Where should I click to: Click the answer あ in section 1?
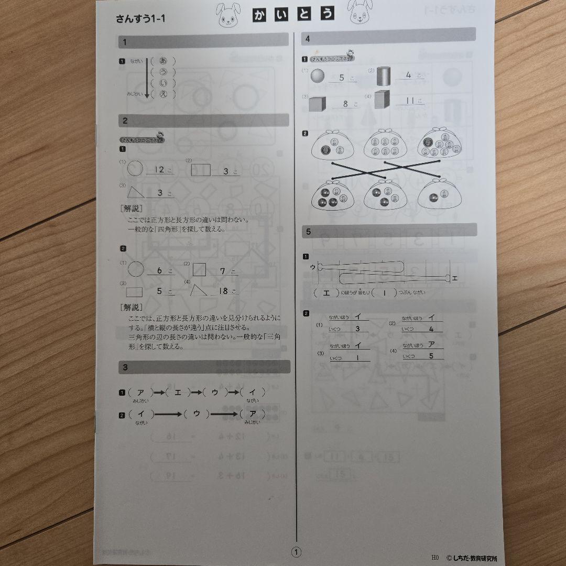[162, 60]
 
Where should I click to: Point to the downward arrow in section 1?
[147, 78]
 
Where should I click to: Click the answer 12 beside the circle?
[160, 170]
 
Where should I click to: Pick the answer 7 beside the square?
[223, 271]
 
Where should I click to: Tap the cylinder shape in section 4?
[384, 77]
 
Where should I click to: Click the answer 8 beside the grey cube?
[345, 104]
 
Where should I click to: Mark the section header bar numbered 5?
[389, 231]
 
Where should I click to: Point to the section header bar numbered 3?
[204, 367]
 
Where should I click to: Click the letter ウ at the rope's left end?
[313, 267]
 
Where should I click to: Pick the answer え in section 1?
[162, 94]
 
